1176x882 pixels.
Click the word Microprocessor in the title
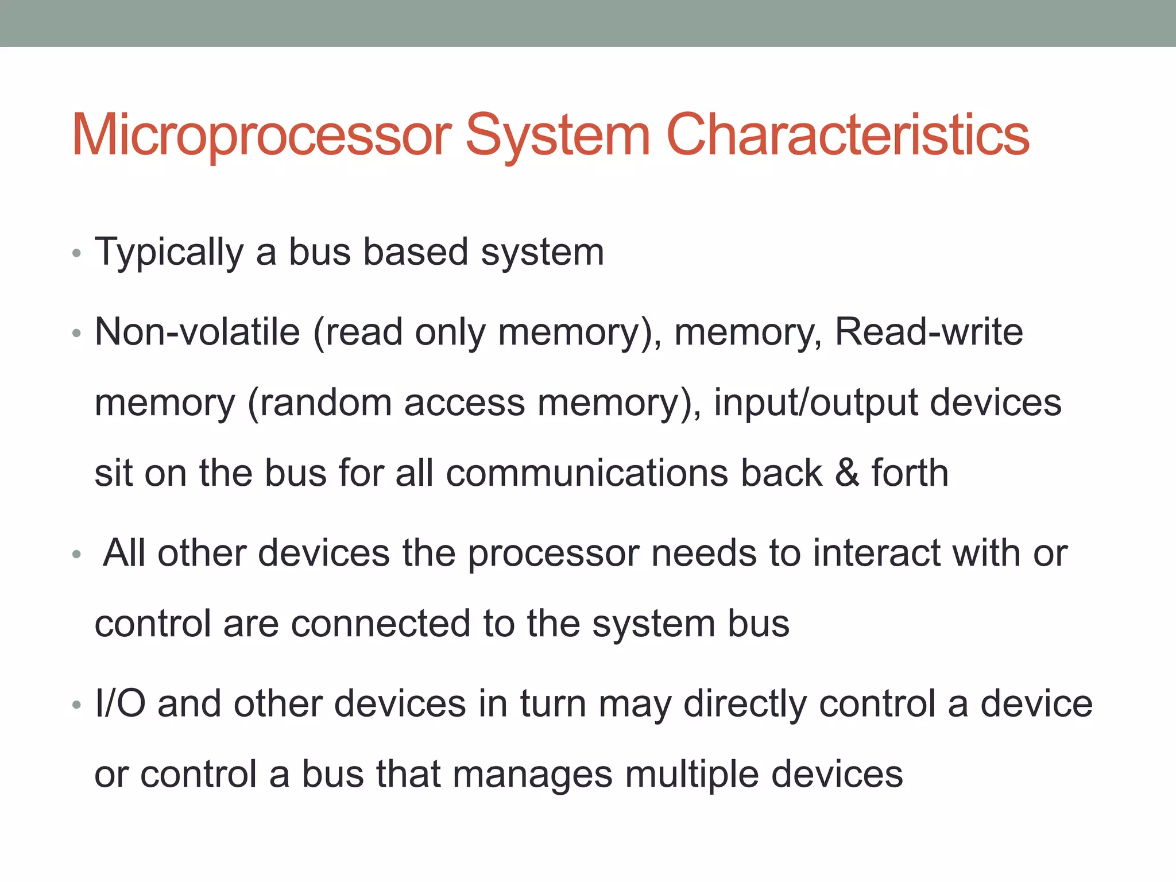(261, 136)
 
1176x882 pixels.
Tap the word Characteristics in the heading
(848, 136)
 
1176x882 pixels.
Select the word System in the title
(558, 136)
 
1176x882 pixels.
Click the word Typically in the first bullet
(169, 253)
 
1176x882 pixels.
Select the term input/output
(815, 403)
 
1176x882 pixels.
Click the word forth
(910, 473)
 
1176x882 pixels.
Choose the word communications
(586, 473)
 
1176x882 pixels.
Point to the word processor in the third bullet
(553, 554)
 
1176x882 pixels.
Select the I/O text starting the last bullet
(120, 704)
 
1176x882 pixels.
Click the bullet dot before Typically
(77, 253)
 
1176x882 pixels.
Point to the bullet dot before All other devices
(77, 554)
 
